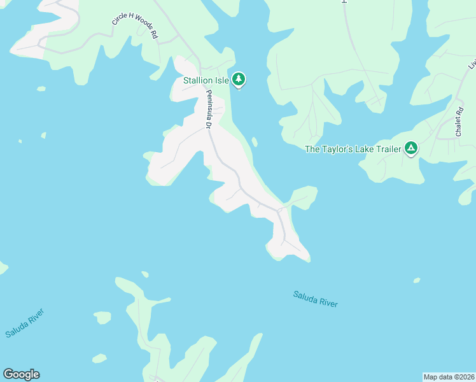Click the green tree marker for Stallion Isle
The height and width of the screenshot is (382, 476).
coord(239,80)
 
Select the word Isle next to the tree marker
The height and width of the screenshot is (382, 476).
coord(221,81)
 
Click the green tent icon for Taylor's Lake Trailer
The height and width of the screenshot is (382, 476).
coord(411,149)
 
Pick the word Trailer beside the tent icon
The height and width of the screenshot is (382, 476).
coord(386,150)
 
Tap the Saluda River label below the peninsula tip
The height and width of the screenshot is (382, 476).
coord(315,299)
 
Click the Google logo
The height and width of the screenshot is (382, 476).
coord(21,374)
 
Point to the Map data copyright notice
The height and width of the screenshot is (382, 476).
coord(449,377)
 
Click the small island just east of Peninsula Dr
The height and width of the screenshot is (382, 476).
coord(255,141)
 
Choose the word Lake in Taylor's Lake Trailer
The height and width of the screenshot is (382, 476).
coord(360,150)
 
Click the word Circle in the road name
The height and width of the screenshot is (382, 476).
coord(120,18)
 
